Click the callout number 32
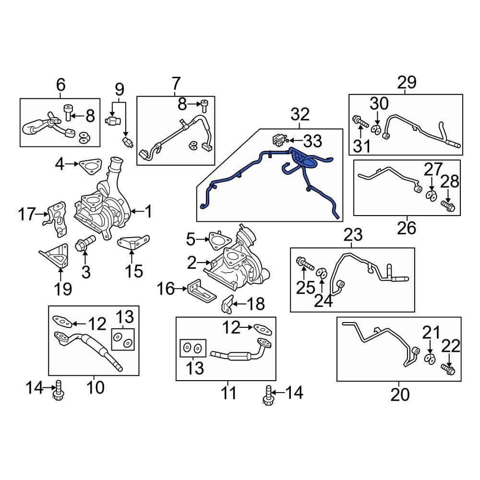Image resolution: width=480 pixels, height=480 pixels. pyautogui.click(x=300, y=115)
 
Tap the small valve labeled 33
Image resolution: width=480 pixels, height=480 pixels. pyautogui.click(x=278, y=140)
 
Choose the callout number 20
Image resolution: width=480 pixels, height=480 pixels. pyautogui.click(x=399, y=394)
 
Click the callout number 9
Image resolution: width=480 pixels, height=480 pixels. pyautogui.click(x=119, y=89)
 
